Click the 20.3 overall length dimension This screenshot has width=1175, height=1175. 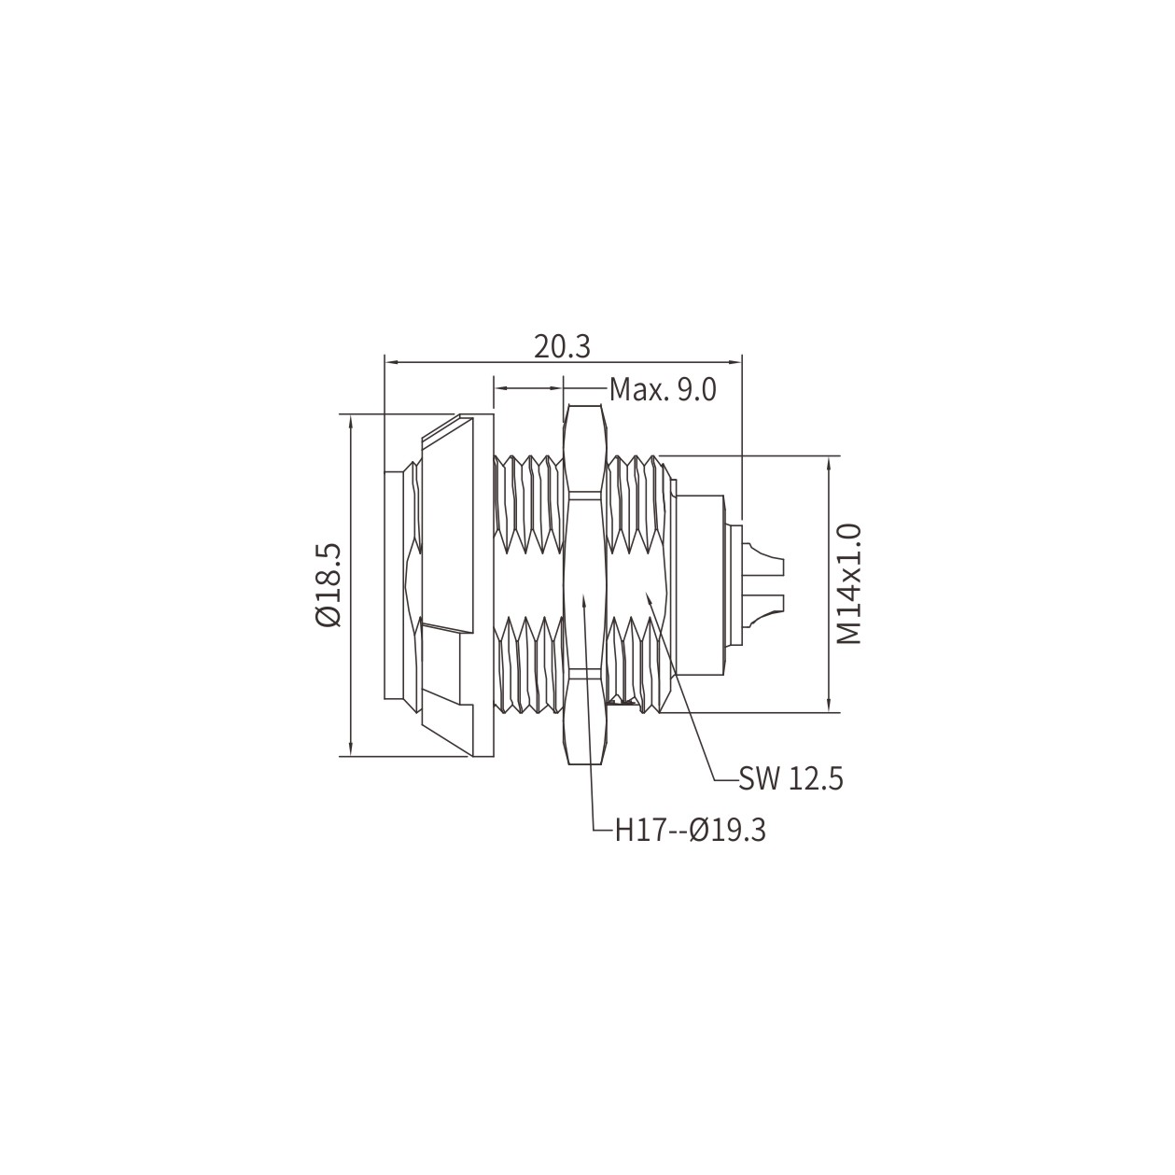tap(562, 347)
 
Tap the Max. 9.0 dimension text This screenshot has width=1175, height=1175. tap(663, 389)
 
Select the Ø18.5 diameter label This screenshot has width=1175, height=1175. tap(329, 585)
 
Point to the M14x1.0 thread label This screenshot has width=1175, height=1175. tap(848, 584)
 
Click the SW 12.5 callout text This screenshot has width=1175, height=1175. tap(790, 779)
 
